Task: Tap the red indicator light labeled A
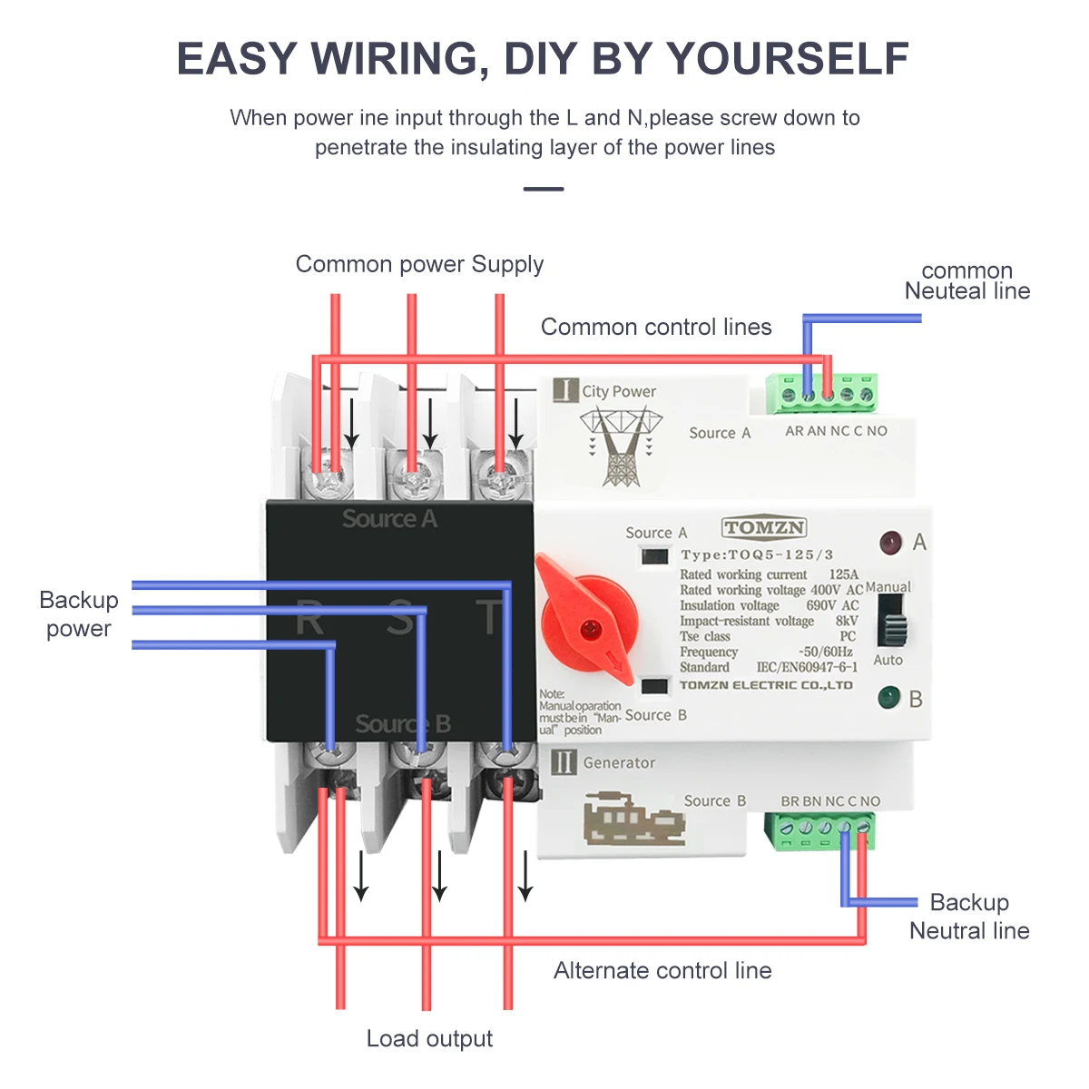(890, 543)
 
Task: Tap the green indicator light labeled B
(888, 698)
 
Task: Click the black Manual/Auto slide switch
(894, 623)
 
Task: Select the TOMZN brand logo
(764, 528)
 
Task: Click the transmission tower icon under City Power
(622, 446)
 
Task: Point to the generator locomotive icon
(633, 819)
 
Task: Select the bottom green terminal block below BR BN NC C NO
(819, 829)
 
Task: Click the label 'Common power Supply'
(419, 264)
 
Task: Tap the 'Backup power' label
(79, 614)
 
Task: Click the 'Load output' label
(429, 1038)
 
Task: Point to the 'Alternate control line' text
(662, 970)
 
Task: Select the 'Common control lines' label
(656, 327)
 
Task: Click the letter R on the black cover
(309, 621)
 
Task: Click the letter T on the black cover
(490, 618)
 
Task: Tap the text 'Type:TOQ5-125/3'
(757, 554)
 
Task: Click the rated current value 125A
(843, 574)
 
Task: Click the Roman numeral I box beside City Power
(565, 390)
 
